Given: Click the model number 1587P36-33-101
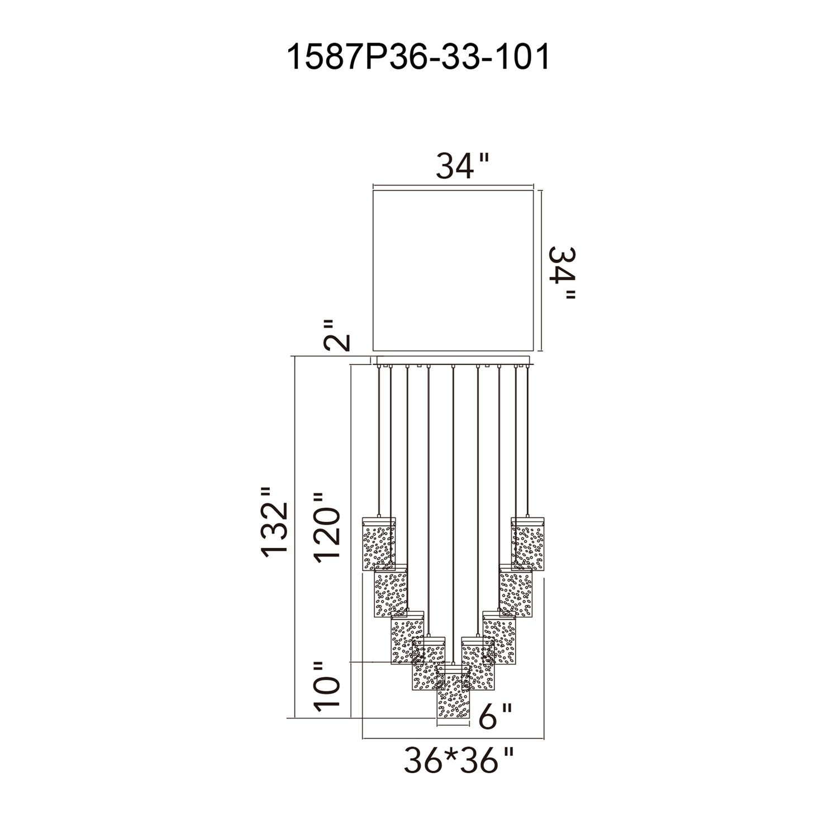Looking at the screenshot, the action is click(x=418, y=58).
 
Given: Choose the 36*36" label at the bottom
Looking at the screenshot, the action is click(x=458, y=760).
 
